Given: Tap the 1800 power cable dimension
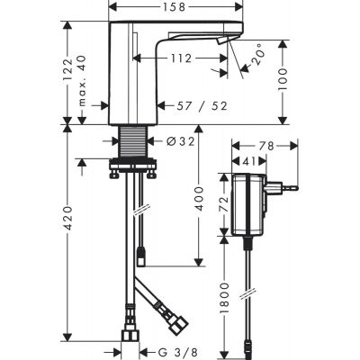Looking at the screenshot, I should (223, 298).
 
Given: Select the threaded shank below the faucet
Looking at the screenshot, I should (132, 141).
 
